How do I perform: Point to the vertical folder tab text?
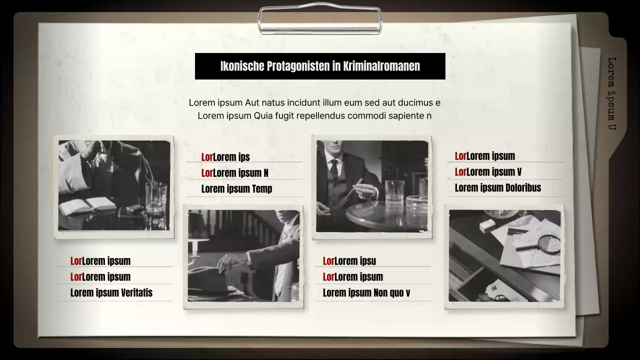pos(611,93)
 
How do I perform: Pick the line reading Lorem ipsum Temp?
pos(236,189)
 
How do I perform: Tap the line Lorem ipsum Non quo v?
pos(366,293)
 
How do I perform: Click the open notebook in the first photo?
pos(87,204)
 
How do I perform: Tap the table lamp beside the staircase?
pos(198,235)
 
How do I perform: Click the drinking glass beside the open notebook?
pos(155,198)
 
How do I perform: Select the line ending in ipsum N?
pos(234,173)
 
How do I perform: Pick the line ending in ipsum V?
pos(488,172)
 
